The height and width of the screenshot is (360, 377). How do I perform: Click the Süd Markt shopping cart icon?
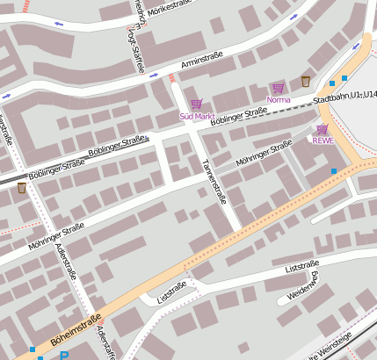(x=196, y=104)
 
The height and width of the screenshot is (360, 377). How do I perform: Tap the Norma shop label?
(x=278, y=99)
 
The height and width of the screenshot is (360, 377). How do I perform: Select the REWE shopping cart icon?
(x=322, y=129)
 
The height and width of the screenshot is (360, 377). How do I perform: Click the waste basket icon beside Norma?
(x=305, y=82)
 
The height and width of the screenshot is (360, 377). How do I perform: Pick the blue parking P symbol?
(x=64, y=356)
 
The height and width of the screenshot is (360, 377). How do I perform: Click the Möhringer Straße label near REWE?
(x=264, y=153)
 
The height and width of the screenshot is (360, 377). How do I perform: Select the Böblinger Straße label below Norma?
(x=238, y=116)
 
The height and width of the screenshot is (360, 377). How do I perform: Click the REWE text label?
(x=323, y=140)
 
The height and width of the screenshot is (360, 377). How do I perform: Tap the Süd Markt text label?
(x=197, y=116)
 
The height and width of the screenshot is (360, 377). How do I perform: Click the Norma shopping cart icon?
(x=278, y=88)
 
